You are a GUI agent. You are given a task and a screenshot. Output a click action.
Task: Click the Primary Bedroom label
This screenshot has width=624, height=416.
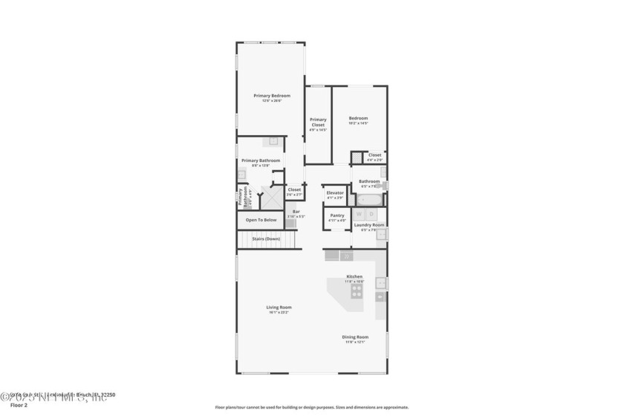[x=271, y=96]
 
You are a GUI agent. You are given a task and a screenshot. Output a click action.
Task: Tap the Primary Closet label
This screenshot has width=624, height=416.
[x=318, y=122]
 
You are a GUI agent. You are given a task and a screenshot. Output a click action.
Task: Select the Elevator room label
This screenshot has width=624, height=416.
[x=335, y=193]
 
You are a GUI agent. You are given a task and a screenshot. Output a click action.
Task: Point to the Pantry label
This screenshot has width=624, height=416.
[x=337, y=215]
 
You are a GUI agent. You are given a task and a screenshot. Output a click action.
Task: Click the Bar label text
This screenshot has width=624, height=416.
[x=296, y=212]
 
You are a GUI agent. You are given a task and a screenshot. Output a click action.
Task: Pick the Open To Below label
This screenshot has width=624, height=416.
[x=261, y=220]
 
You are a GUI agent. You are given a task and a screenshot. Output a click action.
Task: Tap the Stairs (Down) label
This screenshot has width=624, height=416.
[x=266, y=238]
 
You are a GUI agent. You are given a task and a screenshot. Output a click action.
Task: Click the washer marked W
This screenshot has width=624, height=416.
[x=358, y=215]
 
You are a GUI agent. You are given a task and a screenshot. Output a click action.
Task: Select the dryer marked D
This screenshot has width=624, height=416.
[x=372, y=215]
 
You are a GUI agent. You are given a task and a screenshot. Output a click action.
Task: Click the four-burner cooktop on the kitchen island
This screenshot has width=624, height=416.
[x=356, y=292]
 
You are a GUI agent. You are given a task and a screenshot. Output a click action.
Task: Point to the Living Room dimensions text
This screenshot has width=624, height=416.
[x=279, y=312]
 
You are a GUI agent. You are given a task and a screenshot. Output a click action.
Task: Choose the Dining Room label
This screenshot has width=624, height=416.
[x=355, y=337]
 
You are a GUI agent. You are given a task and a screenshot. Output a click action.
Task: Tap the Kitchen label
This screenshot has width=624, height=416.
[x=354, y=276]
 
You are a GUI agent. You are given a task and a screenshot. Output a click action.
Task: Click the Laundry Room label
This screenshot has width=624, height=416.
[x=368, y=225]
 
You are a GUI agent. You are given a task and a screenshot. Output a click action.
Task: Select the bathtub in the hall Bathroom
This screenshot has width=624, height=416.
[x=368, y=199]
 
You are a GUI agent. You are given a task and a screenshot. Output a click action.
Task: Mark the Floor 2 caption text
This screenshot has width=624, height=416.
[x=18, y=406]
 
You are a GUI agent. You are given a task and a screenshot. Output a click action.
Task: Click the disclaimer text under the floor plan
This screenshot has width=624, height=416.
[x=311, y=407]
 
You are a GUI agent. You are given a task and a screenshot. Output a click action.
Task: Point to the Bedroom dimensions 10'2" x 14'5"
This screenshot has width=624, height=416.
[x=358, y=123]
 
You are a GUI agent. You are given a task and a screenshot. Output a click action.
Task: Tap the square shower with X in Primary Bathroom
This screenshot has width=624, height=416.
[x=273, y=198]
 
